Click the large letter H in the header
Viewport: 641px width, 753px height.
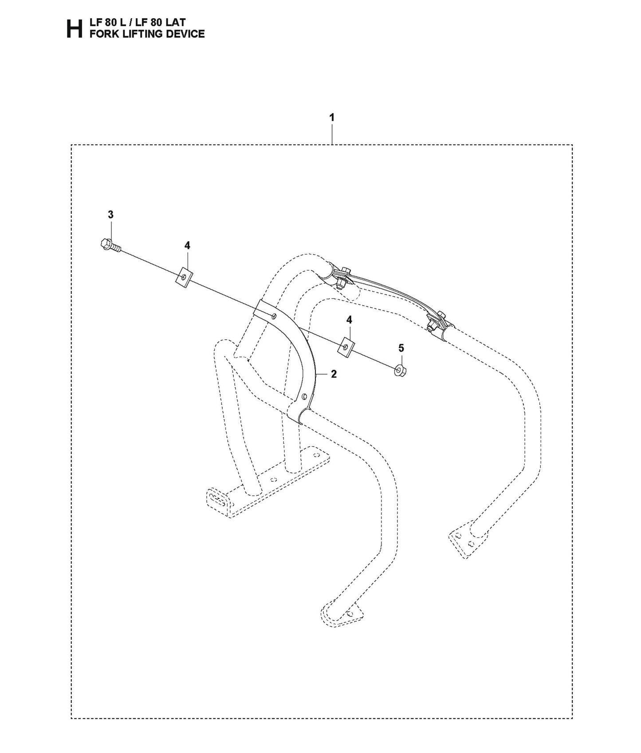point(74,29)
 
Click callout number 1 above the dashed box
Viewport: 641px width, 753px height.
point(332,118)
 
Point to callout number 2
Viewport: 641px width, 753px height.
point(334,374)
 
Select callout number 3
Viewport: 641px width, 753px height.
point(110,215)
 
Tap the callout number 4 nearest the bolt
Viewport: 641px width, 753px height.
point(187,245)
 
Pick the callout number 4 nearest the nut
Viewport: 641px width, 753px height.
point(349,319)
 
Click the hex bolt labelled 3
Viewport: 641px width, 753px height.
point(108,245)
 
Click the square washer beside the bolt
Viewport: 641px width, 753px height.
point(184,277)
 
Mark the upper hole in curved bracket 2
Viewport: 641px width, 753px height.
point(275,316)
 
